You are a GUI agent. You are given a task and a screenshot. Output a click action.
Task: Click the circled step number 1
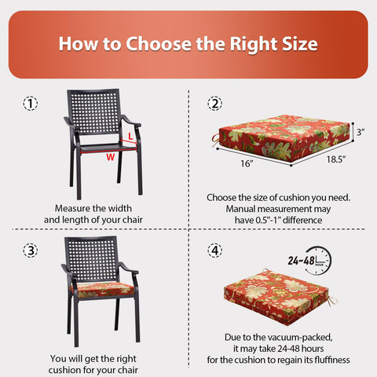pos(31,104)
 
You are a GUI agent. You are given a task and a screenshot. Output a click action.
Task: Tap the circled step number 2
pos(215,104)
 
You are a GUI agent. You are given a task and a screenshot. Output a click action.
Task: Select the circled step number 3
pos(31,251)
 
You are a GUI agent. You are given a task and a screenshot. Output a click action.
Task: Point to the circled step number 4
pos(215,251)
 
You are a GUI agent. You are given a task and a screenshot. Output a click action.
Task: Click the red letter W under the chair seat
pos(111,157)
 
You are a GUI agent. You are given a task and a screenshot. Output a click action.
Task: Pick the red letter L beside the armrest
pos(130,136)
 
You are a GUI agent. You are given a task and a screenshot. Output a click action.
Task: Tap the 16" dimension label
pos(247,163)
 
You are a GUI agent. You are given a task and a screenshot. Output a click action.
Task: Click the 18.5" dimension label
pos(336,159)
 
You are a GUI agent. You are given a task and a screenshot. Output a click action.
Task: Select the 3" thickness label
pos(361,132)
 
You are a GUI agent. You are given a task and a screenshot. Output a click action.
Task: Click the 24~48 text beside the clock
pos(301,261)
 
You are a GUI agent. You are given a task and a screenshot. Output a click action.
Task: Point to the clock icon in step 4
pos(318,261)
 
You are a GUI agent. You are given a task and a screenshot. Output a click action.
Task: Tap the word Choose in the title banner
pos(159,44)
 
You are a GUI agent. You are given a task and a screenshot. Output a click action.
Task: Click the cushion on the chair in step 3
pos(103,290)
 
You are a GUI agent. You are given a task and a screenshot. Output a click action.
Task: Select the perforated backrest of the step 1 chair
pos(93,112)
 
